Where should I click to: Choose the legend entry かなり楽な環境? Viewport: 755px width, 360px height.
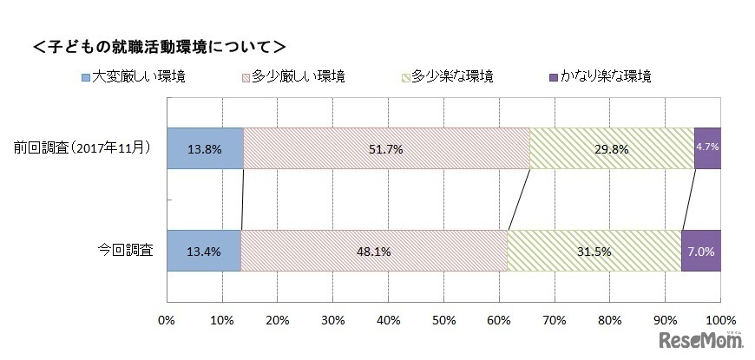tap(600, 76)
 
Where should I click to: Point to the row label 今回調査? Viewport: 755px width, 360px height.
tap(126, 251)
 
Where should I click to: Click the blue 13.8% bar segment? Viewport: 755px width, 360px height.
tap(204, 148)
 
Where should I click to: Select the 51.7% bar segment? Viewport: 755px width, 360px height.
tap(386, 148)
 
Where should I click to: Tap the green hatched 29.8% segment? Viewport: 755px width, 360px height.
tap(612, 148)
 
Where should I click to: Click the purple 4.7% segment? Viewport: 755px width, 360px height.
tap(707, 148)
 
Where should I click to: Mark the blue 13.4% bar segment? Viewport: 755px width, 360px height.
tap(203, 251)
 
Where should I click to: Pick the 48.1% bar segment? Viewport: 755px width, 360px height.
tap(373, 251)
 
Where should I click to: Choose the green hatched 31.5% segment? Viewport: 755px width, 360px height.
tap(594, 251)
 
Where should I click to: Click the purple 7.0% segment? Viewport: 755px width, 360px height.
tap(701, 251)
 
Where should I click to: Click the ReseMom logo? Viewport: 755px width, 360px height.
tap(704, 338)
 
